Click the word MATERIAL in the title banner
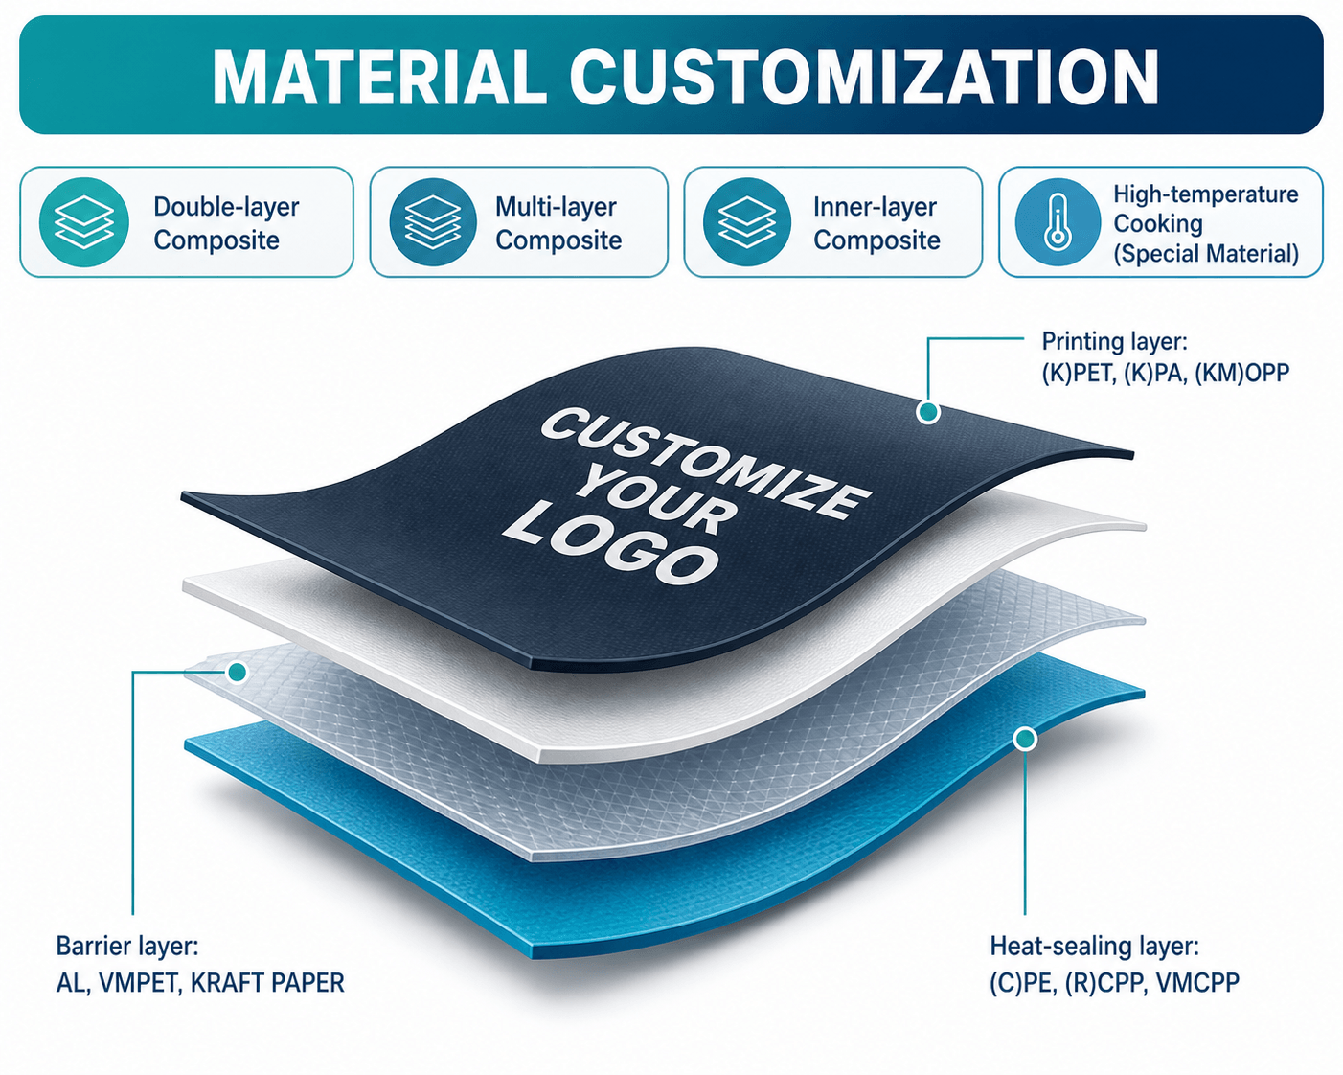click(x=380, y=76)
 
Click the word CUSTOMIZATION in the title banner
click(x=864, y=76)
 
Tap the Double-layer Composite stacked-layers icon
click(x=84, y=222)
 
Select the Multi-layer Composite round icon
click(x=433, y=222)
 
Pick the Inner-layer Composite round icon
click(x=747, y=222)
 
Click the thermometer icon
click(x=1058, y=222)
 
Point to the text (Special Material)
click(x=1206, y=254)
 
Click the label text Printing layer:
click(x=1115, y=342)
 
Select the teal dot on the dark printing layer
click(x=928, y=412)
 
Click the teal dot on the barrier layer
click(x=238, y=673)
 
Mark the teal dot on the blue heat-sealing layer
click(x=1025, y=739)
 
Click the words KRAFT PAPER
click(x=267, y=983)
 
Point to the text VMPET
click(x=140, y=984)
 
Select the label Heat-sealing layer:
click(x=1095, y=947)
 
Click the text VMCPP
click(x=1197, y=983)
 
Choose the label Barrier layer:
click(x=127, y=947)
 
